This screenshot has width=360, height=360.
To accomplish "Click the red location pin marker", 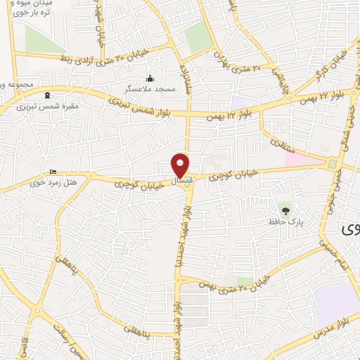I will point(181,165).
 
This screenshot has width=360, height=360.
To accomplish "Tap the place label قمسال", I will point(181,181).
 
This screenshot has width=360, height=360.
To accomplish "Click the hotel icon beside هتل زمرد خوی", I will point(53,172).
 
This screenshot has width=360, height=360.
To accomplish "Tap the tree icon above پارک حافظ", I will point(285,209).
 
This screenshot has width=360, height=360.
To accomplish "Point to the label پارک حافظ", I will point(285,221).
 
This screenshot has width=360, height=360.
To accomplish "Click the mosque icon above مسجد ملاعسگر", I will point(149,78).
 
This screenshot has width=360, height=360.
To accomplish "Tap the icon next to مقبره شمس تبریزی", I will point(48,96).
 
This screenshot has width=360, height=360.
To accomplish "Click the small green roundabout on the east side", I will point(331,163).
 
